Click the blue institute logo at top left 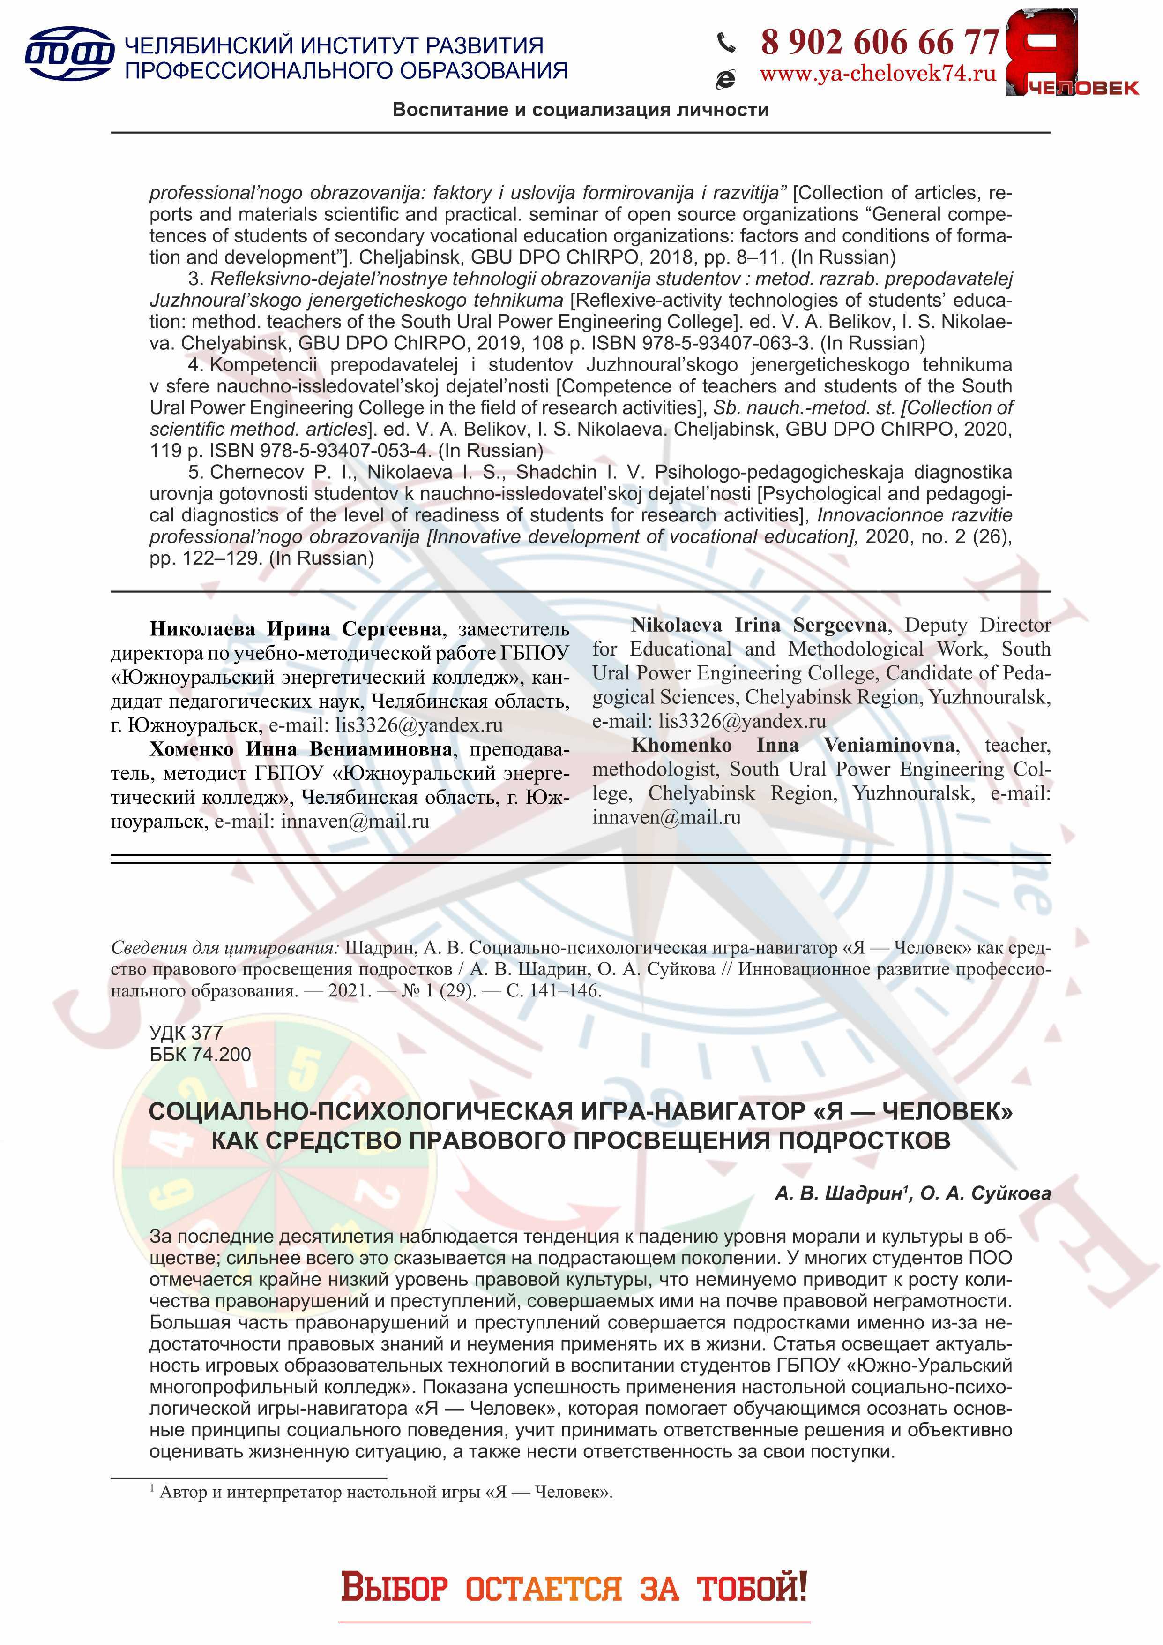click(69, 54)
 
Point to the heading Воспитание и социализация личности click(580, 110)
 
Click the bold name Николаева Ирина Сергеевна click(295, 629)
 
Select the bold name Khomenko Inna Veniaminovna click(793, 745)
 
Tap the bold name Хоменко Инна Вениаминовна click(301, 749)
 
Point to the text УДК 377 click(186, 1033)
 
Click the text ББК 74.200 click(201, 1055)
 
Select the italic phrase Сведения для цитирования click(224, 948)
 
